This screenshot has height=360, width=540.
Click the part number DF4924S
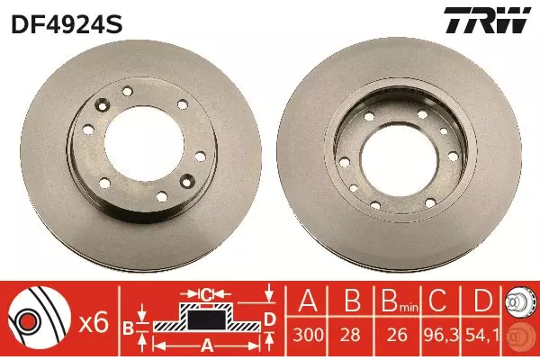coord(67,25)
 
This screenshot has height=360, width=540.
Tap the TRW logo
coord(487,20)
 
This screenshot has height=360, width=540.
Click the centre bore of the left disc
coord(144,144)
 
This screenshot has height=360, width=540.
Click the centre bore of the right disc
coord(399,161)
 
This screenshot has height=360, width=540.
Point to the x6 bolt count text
coord(94,323)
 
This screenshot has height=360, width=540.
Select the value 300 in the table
coord(308,335)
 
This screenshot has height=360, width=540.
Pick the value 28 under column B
coord(350,335)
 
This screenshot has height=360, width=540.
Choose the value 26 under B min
coord(397,335)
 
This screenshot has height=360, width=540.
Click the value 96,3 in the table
coord(442,335)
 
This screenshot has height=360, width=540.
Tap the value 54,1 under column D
coord(482,335)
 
